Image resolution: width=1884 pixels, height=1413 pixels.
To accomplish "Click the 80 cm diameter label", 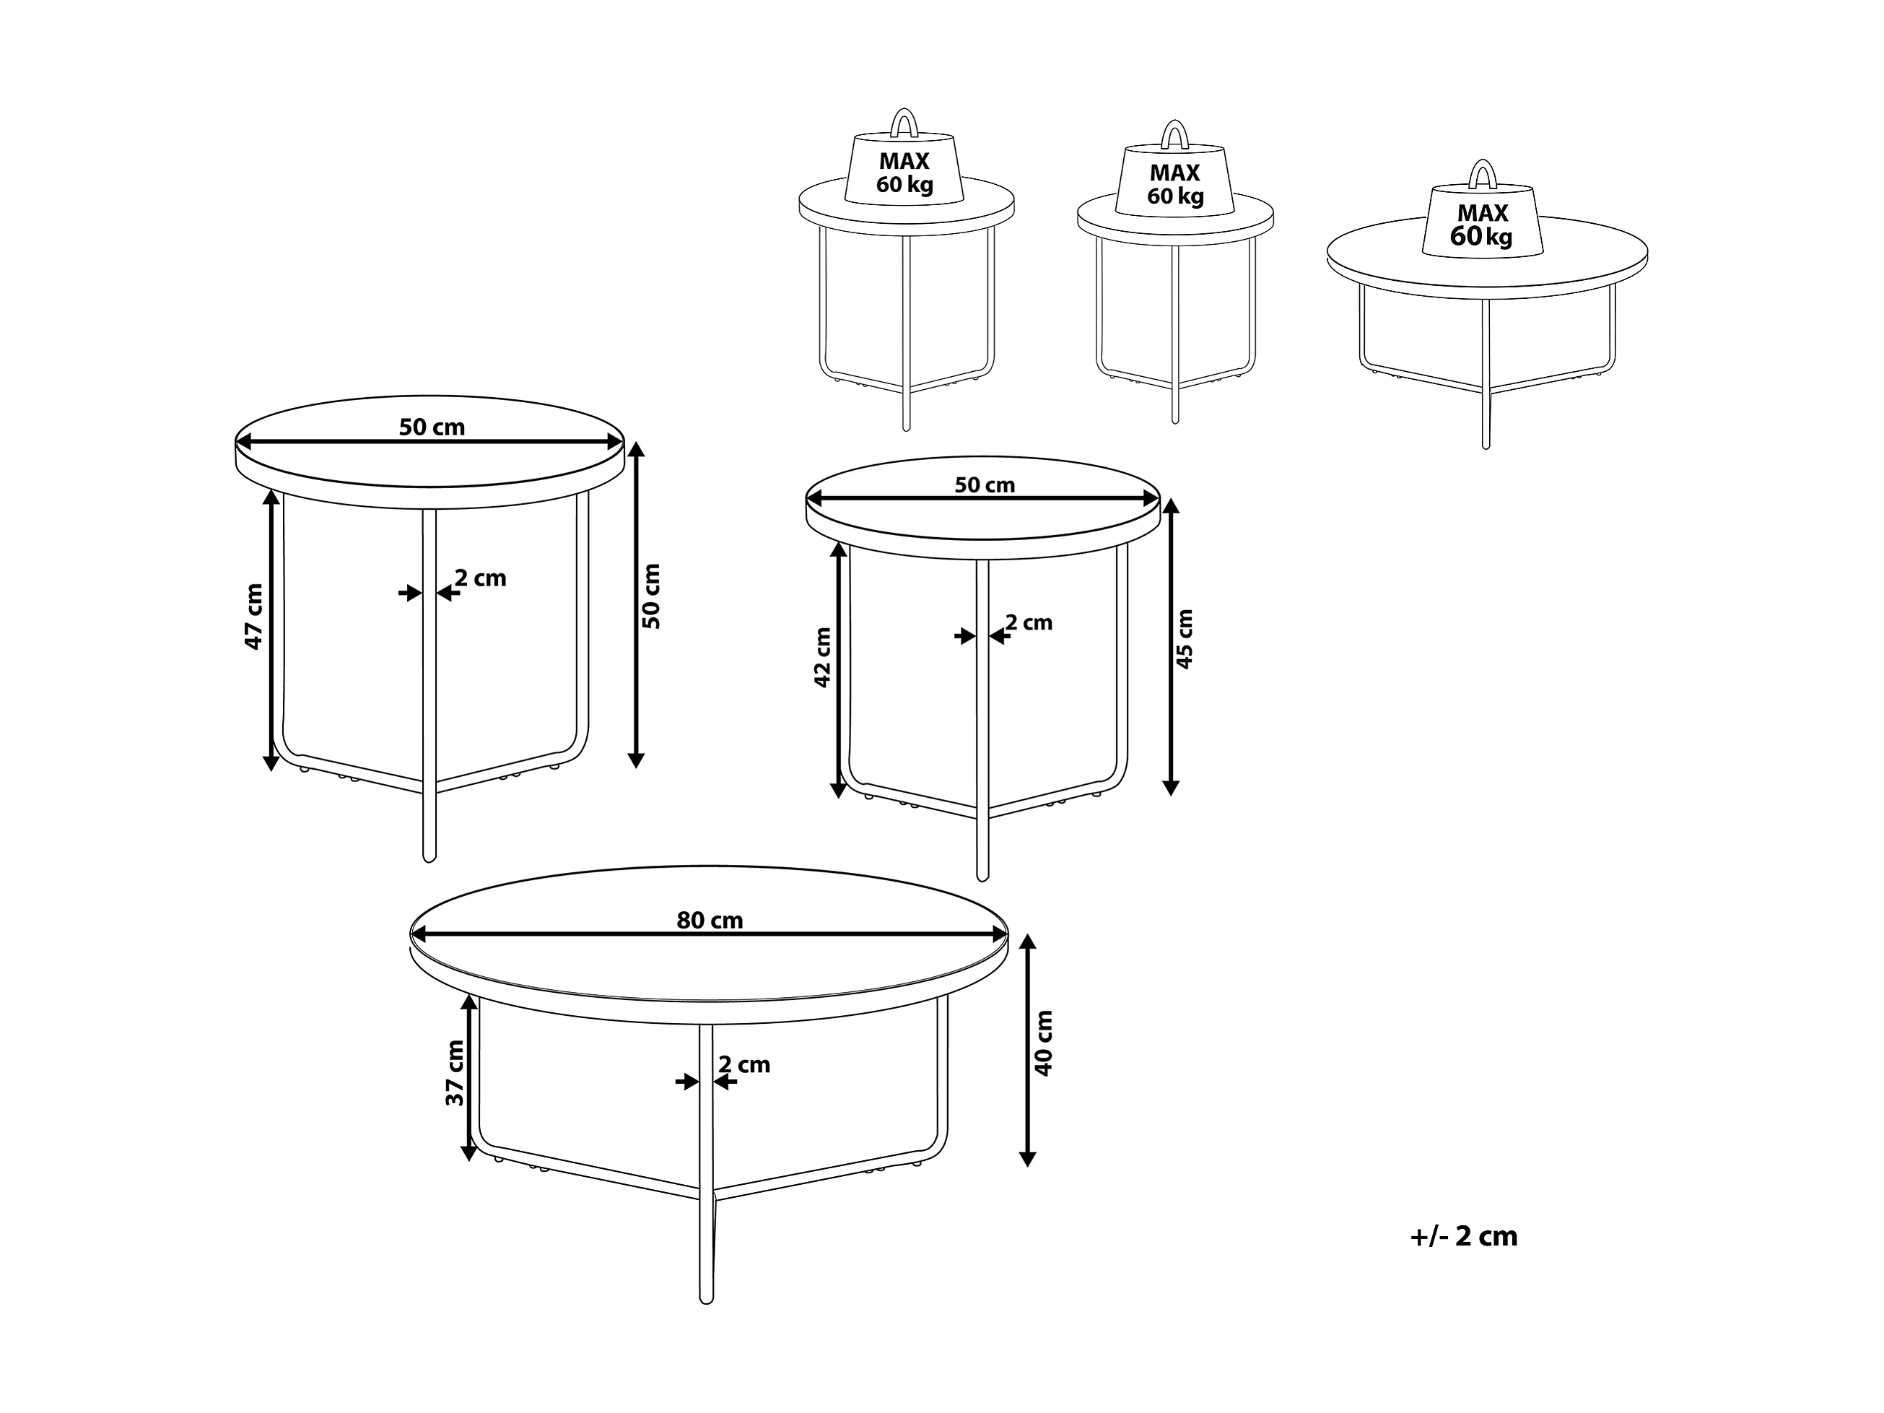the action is pyautogui.click(x=710, y=921).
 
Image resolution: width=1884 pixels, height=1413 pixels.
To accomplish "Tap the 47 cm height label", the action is pyautogui.click(x=254, y=617).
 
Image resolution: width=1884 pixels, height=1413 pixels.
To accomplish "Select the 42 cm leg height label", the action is pyautogui.click(x=823, y=658).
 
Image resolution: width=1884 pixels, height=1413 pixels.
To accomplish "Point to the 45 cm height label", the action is pyautogui.click(x=1184, y=639).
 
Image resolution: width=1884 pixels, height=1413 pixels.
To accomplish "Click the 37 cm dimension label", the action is pyautogui.click(x=455, y=1073).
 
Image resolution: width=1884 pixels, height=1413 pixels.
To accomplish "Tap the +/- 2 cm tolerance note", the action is pyautogui.click(x=1464, y=1237).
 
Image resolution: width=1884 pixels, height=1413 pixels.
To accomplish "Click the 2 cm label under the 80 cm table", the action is pyautogui.click(x=744, y=1065).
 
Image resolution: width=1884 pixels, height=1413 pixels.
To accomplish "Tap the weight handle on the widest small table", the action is pyautogui.click(x=1483, y=174).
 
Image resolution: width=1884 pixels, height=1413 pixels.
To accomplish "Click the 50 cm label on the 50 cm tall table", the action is pyautogui.click(x=432, y=427).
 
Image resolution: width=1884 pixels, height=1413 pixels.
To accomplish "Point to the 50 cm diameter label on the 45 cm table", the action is pyautogui.click(x=985, y=484).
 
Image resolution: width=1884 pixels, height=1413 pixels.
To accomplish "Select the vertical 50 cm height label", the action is pyautogui.click(x=652, y=596).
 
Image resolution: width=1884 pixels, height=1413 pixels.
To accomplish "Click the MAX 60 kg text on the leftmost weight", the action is pyautogui.click(x=904, y=173).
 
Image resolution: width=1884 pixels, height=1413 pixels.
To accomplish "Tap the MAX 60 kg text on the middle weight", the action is pyautogui.click(x=1175, y=185).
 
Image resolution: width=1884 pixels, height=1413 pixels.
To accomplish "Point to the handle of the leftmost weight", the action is pyautogui.click(x=904, y=123).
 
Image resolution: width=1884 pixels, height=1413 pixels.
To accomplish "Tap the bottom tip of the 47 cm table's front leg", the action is pyautogui.click(x=429, y=860).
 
